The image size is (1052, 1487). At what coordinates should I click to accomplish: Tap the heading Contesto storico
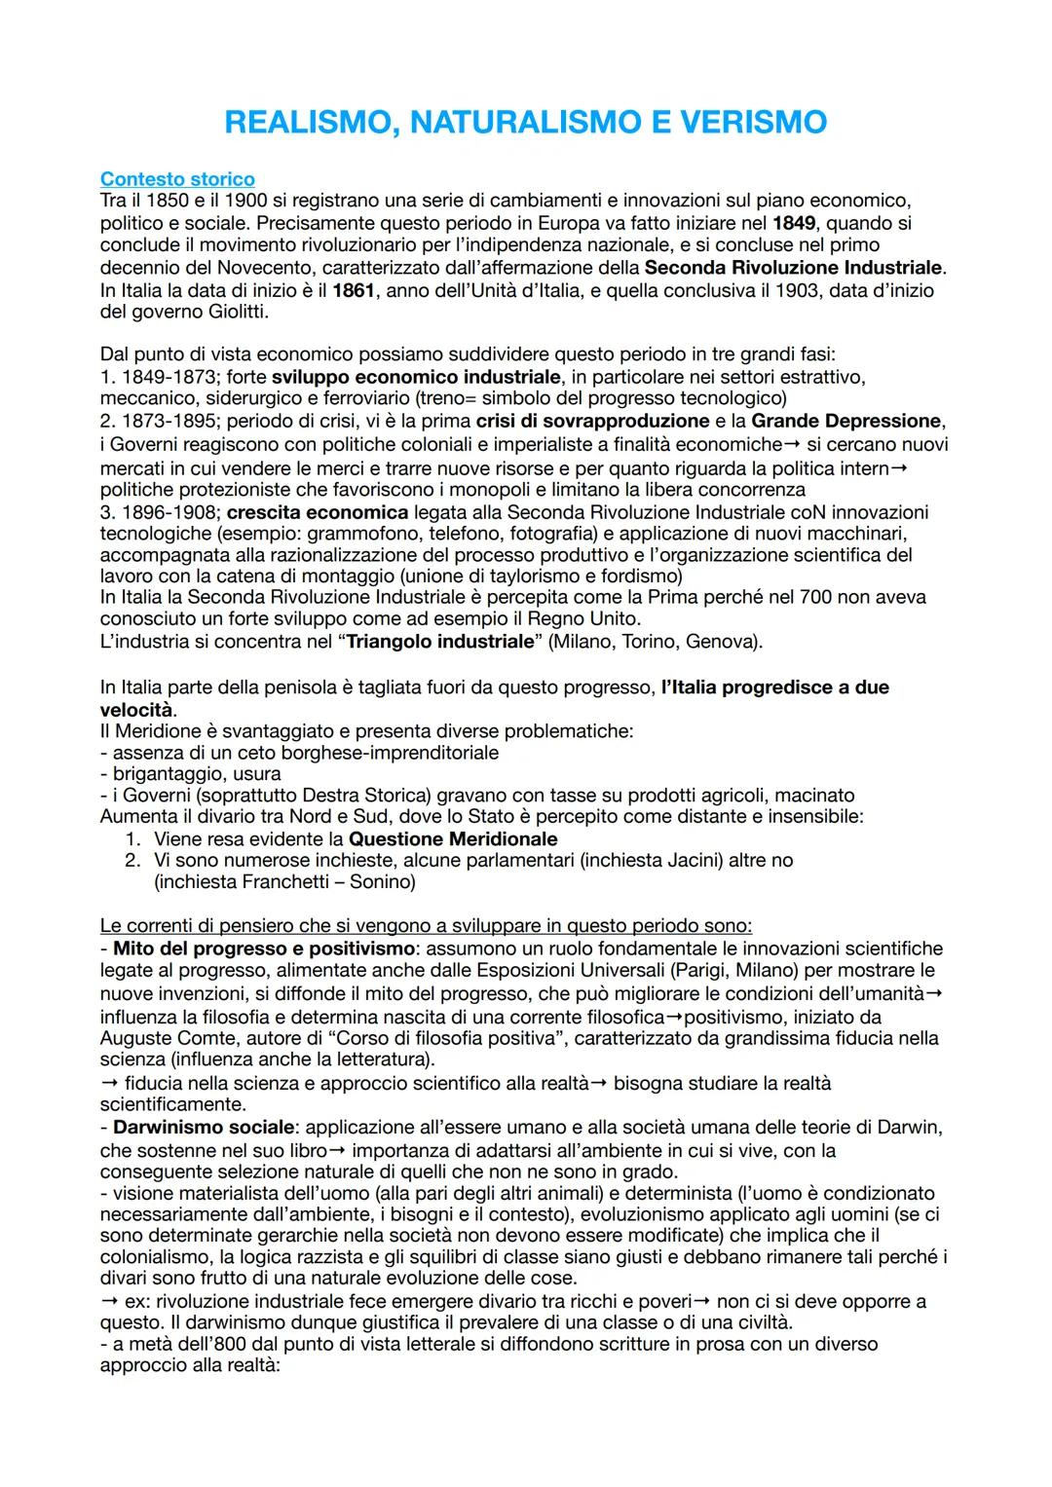coord(177,179)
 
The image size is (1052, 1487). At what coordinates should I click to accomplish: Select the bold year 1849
coord(794,223)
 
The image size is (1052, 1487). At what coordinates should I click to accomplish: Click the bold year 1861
coord(354,290)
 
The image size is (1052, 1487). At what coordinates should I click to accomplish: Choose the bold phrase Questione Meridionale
coord(453,838)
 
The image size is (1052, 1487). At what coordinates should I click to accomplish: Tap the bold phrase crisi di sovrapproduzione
coord(592,421)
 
